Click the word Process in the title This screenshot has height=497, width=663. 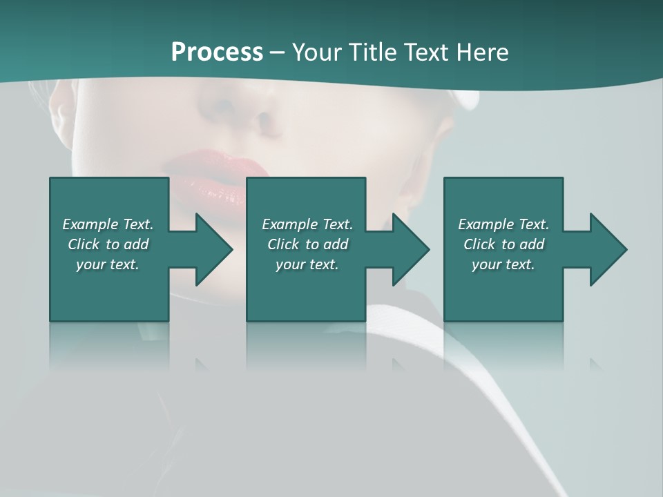point(217,52)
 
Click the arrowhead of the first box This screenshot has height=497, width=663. point(214,249)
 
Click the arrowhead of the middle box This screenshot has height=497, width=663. point(412,249)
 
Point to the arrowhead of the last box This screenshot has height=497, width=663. point(608,249)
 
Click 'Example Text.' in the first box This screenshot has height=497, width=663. point(108,224)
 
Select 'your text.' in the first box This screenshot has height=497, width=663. point(108,264)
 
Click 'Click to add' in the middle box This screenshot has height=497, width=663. point(307,244)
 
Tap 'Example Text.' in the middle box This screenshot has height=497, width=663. point(307,224)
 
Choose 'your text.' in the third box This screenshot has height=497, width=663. point(503,264)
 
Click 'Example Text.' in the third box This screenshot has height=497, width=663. point(503,224)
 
